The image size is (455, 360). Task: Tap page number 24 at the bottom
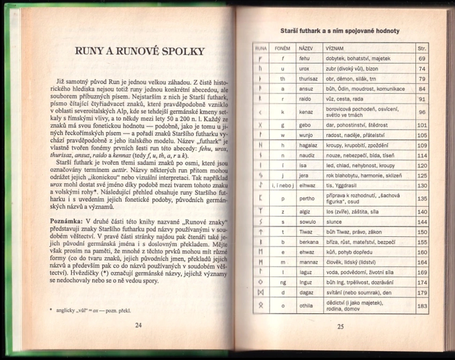[138, 325]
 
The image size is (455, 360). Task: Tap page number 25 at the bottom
[340, 327]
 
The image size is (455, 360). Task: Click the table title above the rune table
[340, 31]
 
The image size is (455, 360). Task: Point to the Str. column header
[422, 48]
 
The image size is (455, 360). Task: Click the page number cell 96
[422, 112]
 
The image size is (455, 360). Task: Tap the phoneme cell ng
[282, 282]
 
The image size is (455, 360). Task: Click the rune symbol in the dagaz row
[261, 292]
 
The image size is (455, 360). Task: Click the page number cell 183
[422, 306]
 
